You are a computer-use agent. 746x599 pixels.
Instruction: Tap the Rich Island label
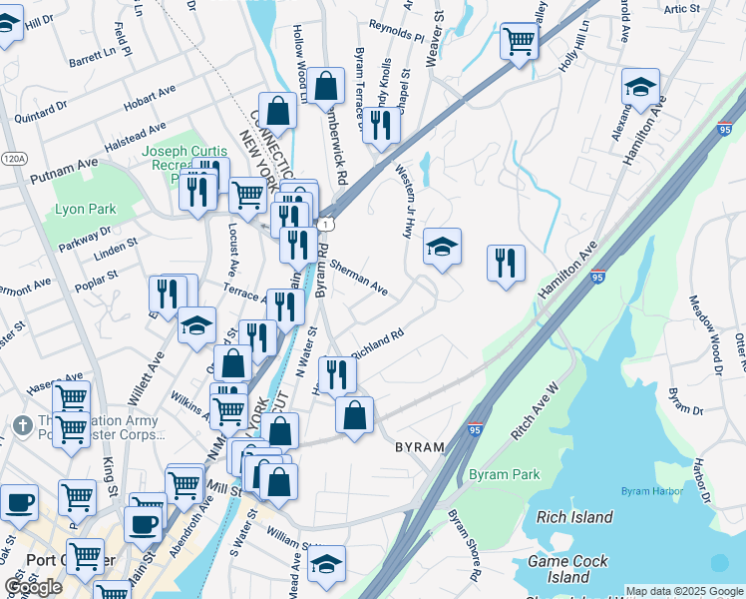[x=573, y=517]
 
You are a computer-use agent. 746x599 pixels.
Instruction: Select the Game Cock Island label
[x=567, y=569]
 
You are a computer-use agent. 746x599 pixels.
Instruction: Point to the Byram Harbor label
[x=651, y=491]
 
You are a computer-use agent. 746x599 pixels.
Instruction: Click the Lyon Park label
[x=86, y=210]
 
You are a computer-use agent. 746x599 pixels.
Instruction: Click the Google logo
[x=33, y=587]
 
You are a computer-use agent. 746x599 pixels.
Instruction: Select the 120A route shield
[x=14, y=159]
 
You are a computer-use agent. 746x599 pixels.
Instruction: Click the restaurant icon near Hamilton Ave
[x=506, y=263]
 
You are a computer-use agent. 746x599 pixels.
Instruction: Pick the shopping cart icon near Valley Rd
[x=519, y=41]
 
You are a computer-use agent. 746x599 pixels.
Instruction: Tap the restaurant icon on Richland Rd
[x=337, y=374]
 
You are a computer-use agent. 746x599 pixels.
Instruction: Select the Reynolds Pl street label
[x=396, y=33]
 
